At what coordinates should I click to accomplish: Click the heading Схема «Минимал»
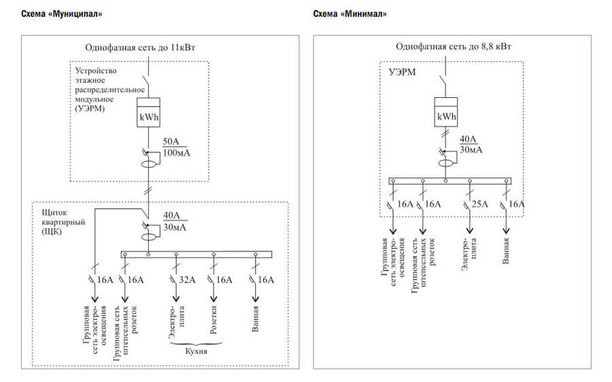[351, 14]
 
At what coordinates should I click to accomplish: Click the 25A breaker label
[480, 204]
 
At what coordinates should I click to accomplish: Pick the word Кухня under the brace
[197, 352]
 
